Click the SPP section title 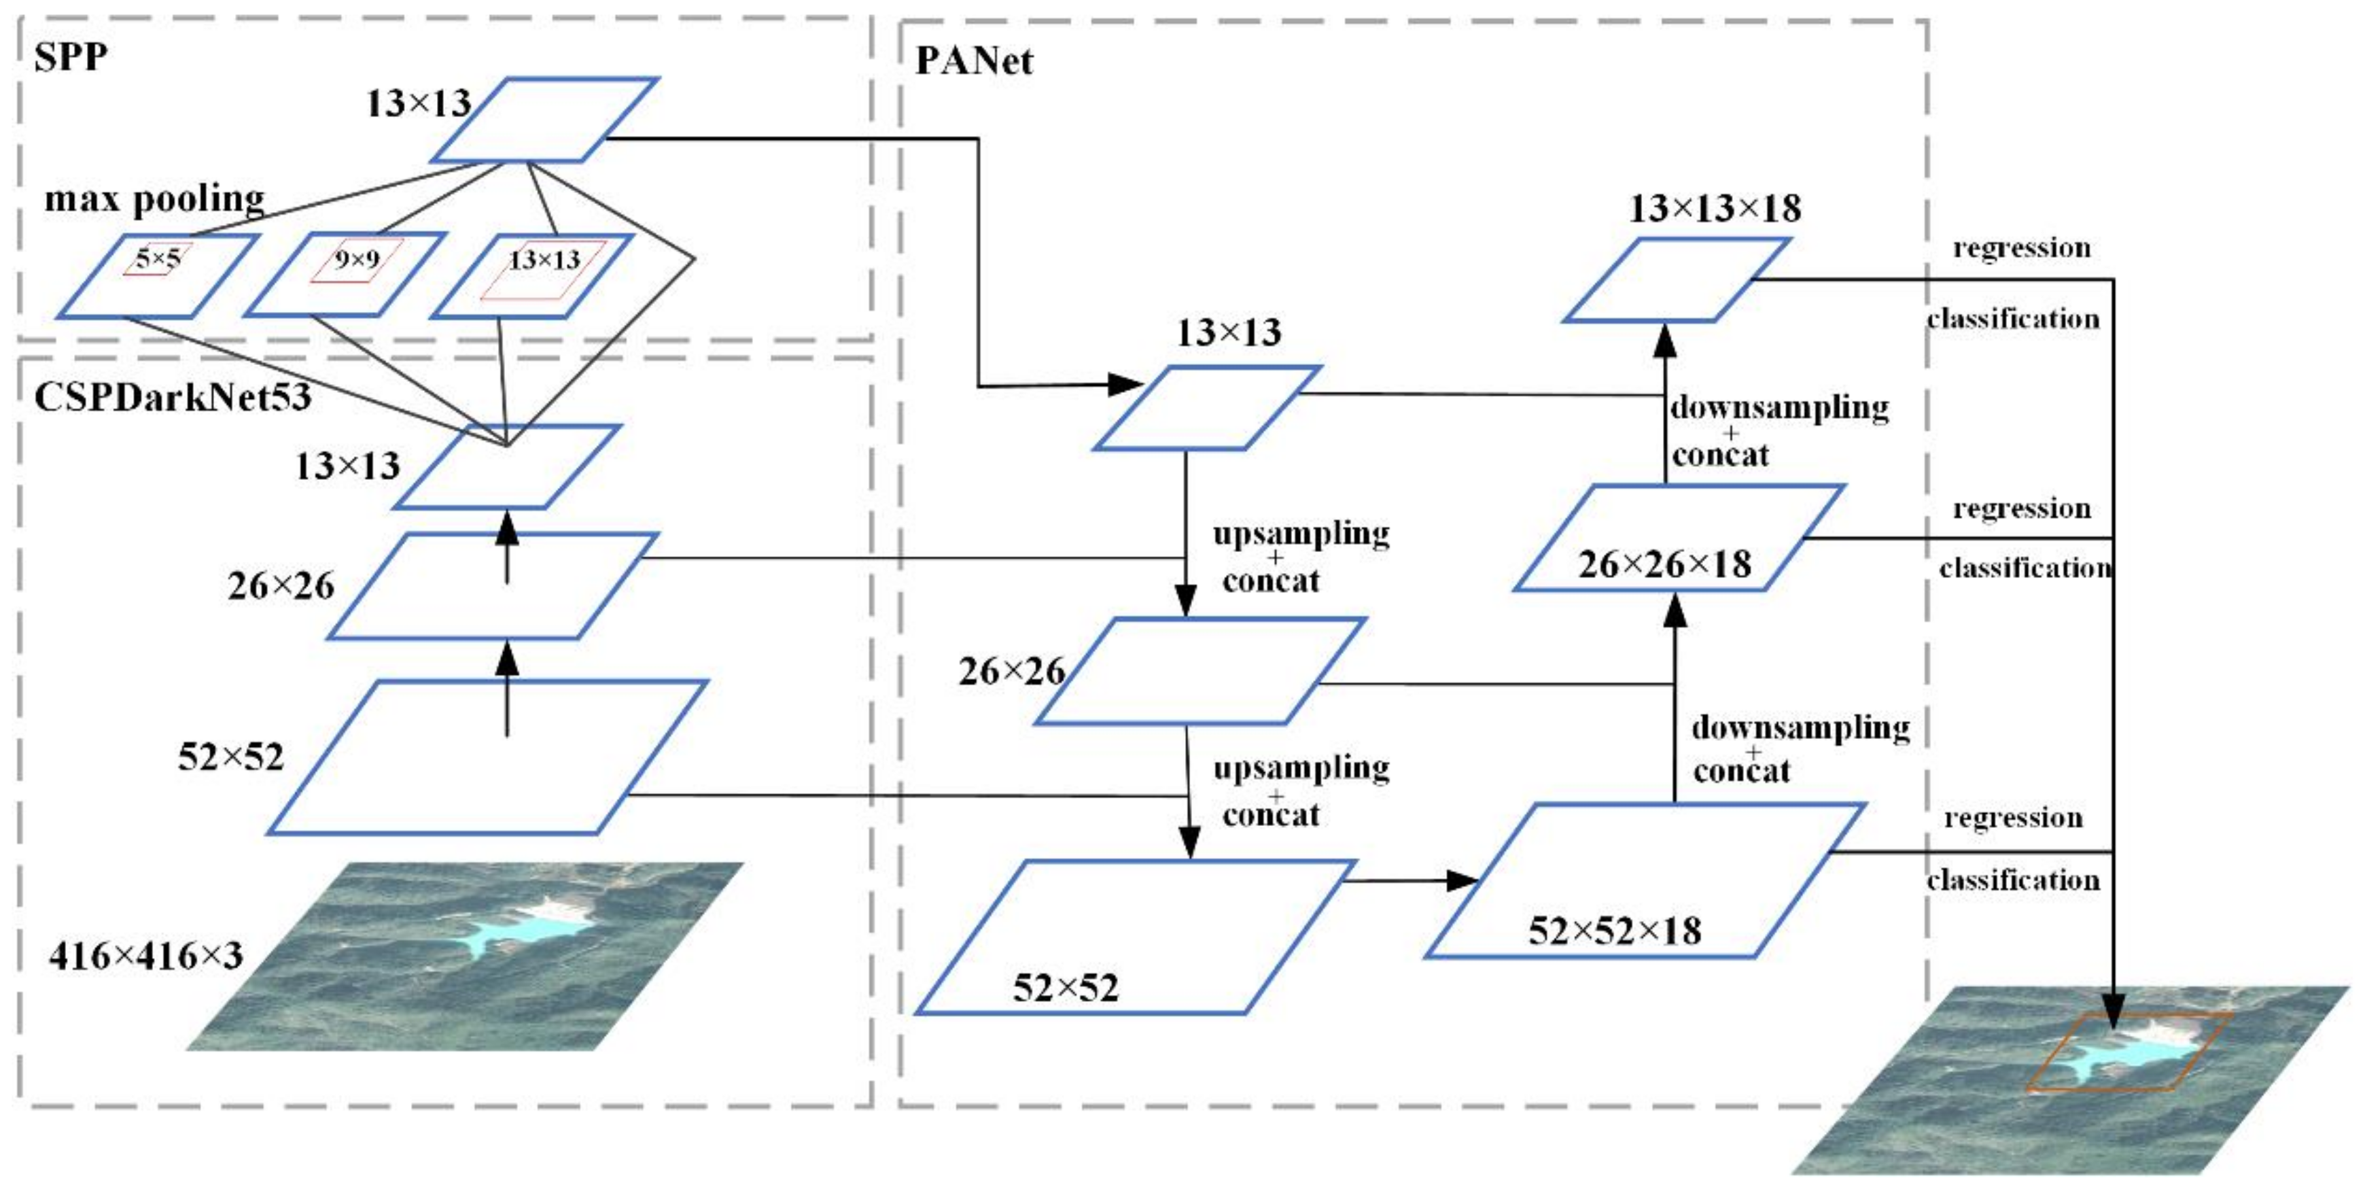[71, 58]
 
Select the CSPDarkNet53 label [173, 397]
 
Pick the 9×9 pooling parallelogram [345, 275]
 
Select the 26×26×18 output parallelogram [1679, 538]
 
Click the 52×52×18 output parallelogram [1643, 882]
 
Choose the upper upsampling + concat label [1300, 557]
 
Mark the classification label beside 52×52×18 [2012, 880]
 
